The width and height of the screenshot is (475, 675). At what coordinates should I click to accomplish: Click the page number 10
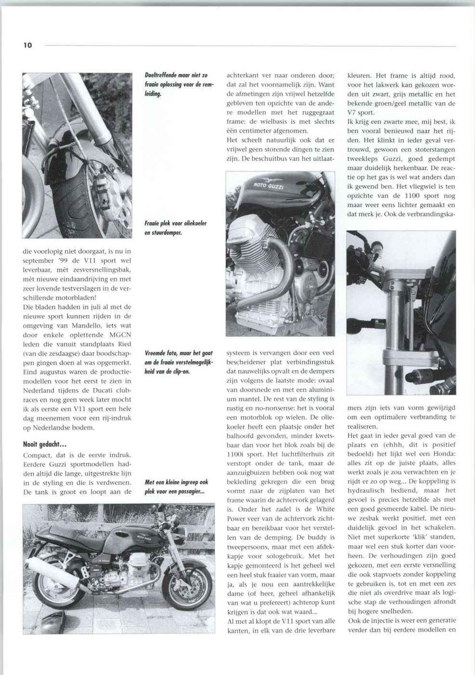click(x=27, y=46)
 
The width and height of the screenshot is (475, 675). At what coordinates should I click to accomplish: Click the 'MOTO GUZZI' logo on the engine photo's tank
click(x=268, y=185)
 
